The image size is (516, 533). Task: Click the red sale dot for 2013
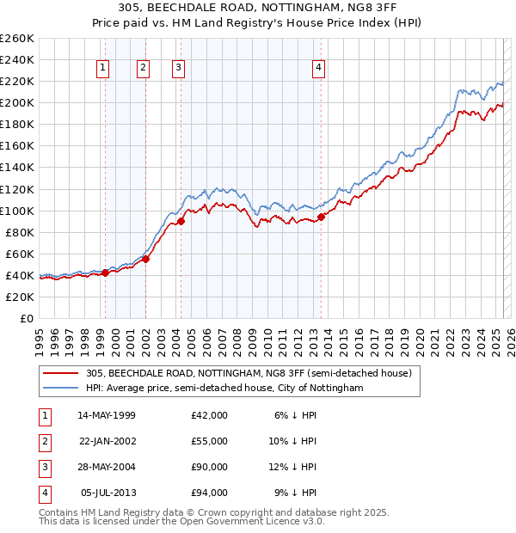click(321, 217)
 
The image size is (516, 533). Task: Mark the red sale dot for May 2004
click(182, 221)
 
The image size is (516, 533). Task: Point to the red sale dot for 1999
click(105, 273)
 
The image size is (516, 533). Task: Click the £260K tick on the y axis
click(17, 39)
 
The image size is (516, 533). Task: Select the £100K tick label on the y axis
click(17, 211)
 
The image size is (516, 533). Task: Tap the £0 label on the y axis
click(26, 318)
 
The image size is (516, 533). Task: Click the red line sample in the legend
click(61, 374)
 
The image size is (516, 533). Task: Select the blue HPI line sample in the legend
click(61, 389)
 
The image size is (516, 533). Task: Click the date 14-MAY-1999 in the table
click(107, 415)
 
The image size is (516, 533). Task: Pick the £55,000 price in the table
click(210, 441)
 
